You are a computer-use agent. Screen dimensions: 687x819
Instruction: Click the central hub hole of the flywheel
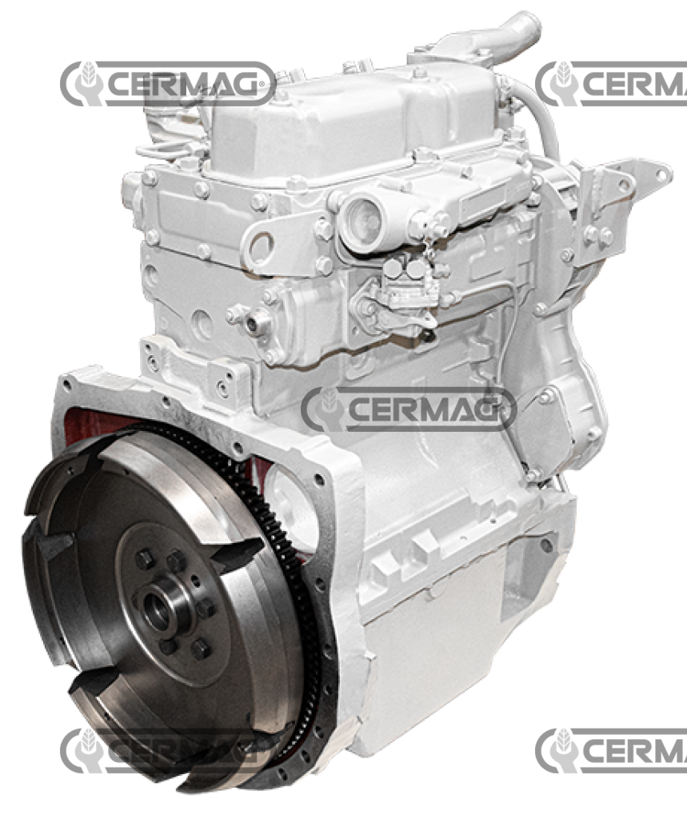pyautogui.click(x=156, y=609)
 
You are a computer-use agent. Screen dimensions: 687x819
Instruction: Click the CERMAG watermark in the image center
pyautogui.click(x=409, y=409)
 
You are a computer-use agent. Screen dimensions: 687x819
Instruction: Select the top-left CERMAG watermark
pyautogui.click(x=168, y=83)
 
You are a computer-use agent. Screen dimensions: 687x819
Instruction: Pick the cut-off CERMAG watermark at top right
pyautogui.click(x=611, y=83)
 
